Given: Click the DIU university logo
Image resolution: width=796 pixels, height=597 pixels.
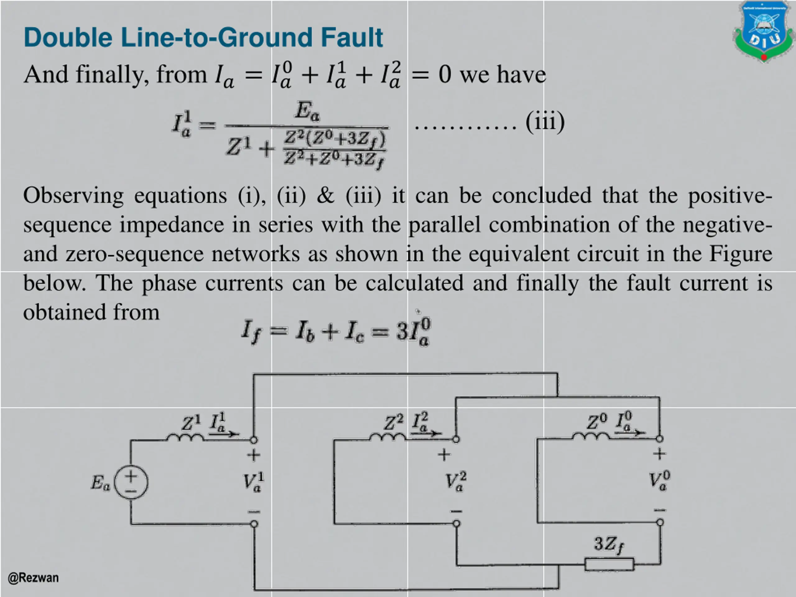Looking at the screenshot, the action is [764, 32].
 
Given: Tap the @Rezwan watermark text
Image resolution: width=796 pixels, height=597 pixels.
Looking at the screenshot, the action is [33, 578].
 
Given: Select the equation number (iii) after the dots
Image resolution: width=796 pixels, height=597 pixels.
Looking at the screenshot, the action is [545, 122].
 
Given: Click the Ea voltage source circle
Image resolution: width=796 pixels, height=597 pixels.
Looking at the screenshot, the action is [131, 483].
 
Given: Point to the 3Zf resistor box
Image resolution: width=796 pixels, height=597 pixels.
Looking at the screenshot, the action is [609, 564].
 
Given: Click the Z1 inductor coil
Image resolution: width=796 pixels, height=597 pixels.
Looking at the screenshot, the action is [185, 437].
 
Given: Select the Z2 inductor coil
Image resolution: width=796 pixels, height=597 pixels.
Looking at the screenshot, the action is [387, 437].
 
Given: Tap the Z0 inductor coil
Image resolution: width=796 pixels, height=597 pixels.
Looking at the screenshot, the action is [590, 437].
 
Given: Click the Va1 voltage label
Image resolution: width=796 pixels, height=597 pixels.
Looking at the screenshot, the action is [254, 482].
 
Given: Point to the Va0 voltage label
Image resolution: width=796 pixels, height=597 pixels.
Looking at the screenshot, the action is [659, 481].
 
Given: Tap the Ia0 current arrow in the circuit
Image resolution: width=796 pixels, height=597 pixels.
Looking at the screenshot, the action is [629, 432].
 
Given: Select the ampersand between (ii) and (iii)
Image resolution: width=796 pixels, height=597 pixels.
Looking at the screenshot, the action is [326, 196].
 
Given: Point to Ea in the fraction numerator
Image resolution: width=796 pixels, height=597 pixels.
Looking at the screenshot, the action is [307, 111].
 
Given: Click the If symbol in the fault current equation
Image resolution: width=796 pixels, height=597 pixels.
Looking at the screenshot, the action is [250, 331].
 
